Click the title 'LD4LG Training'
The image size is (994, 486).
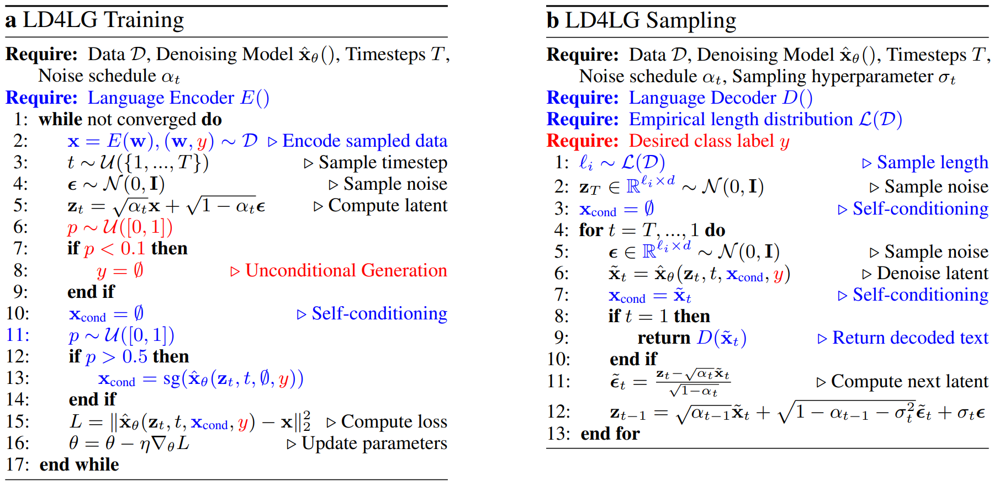click(103, 20)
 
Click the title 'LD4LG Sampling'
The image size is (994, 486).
click(651, 20)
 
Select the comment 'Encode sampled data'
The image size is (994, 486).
click(364, 141)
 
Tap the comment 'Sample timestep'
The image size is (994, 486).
click(383, 163)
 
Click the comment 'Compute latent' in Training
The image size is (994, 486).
click(388, 205)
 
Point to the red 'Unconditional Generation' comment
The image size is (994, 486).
click(346, 270)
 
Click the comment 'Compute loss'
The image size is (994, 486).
click(394, 421)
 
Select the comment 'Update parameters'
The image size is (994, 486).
click(374, 443)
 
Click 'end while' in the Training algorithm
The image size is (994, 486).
click(79, 464)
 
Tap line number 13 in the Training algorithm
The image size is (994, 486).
click(17, 378)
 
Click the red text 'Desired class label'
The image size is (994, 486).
click(701, 141)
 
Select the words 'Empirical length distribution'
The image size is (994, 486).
click(741, 119)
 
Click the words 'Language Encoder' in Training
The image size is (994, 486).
click(161, 98)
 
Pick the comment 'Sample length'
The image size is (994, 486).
click(933, 163)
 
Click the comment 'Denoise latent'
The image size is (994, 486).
click(933, 273)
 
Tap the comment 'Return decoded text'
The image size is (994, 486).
click(910, 338)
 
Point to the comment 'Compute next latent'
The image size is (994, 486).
click(910, 381)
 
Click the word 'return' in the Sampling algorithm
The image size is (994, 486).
click(664, 338)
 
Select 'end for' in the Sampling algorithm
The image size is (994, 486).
click(610, 434)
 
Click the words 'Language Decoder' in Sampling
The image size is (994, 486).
click(702, 98)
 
